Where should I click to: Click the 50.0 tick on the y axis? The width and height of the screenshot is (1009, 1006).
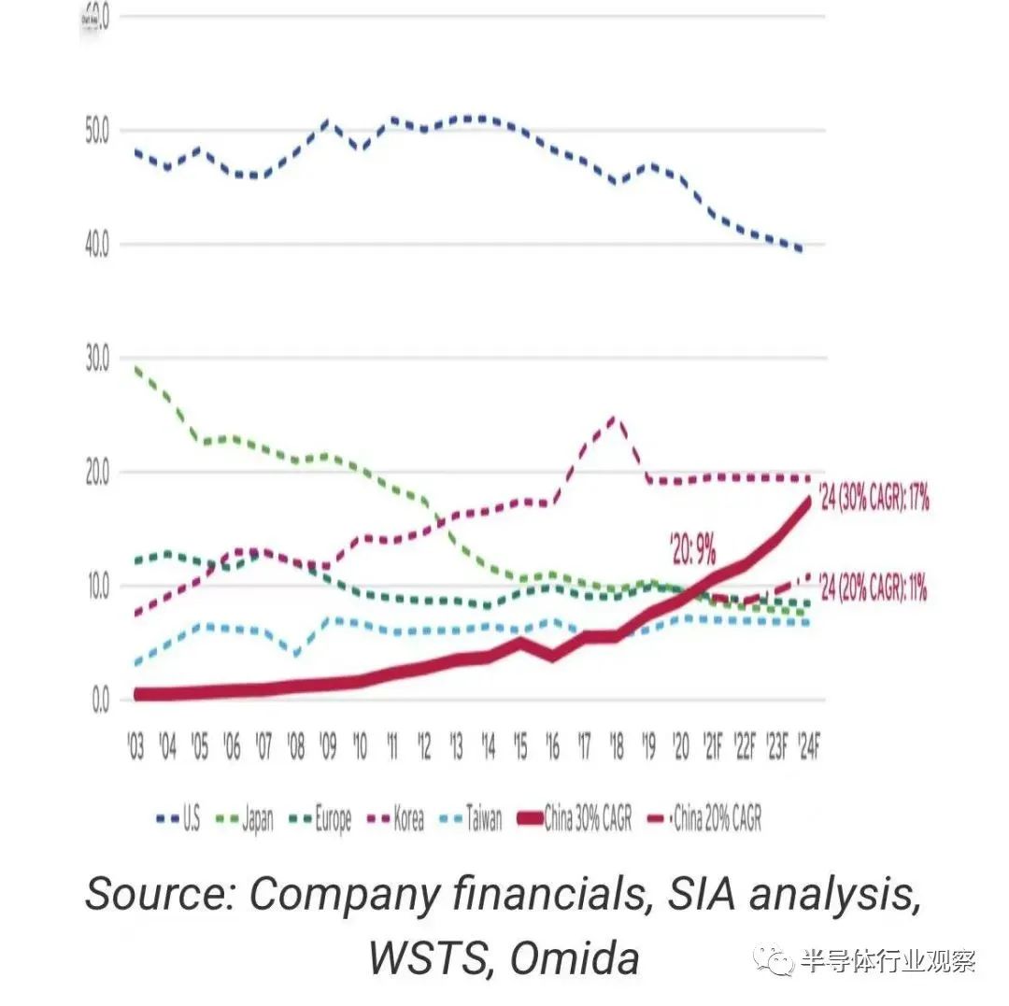97,131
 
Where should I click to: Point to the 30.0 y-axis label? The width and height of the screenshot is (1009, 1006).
97,359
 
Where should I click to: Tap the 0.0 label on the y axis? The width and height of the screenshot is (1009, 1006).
99,701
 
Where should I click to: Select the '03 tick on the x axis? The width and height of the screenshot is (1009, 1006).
136,746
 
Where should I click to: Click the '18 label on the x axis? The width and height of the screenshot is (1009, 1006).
616,746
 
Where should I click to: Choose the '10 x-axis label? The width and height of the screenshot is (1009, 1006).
360,746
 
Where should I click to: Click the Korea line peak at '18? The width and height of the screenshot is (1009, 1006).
614,418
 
